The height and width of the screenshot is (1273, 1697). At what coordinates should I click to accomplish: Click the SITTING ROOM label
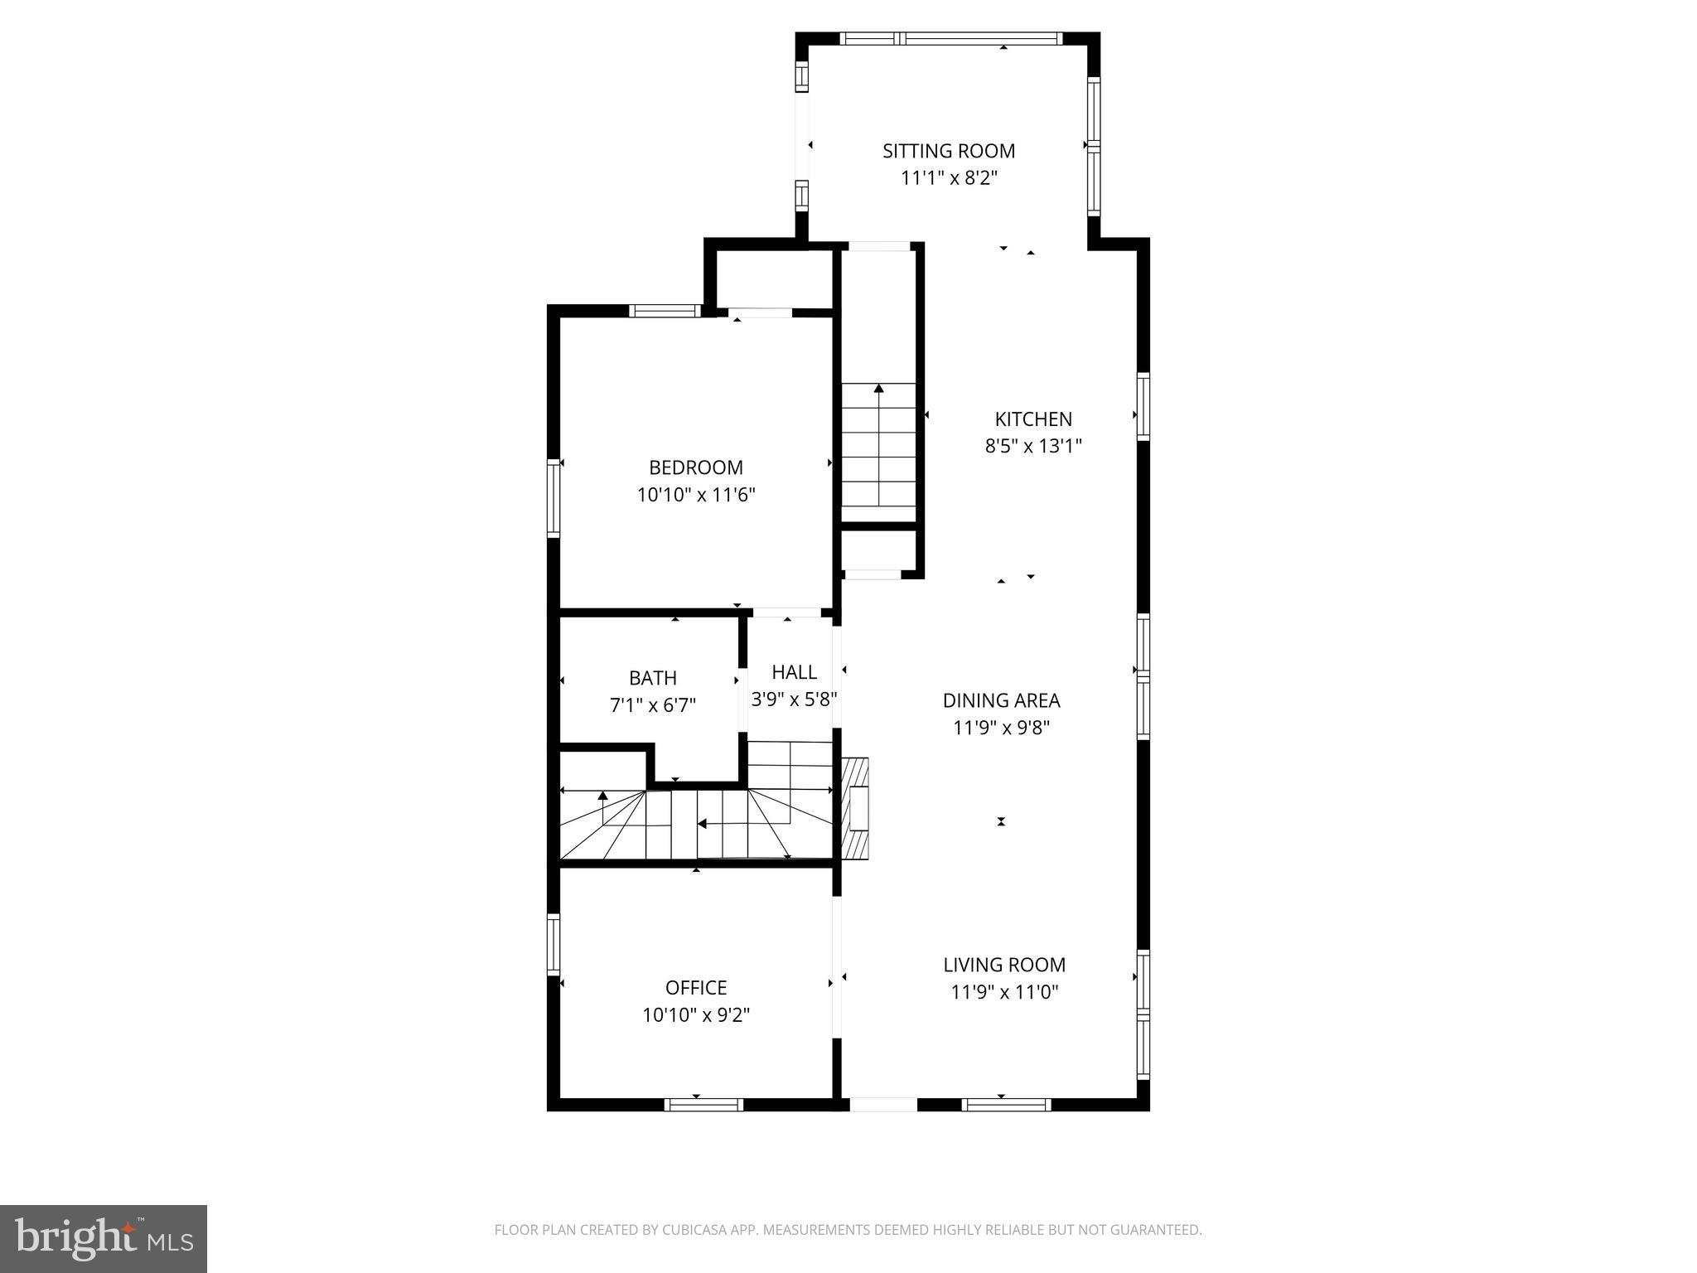pos(948,151)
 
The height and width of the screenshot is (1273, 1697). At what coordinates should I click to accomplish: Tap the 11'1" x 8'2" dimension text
pos(948,177)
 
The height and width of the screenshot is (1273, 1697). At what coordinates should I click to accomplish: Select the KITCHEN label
pos(1032,419)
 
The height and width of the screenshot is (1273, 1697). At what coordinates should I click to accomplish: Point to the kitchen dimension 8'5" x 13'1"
pos(1032,446)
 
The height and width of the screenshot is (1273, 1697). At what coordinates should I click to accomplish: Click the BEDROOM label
pos(695,467)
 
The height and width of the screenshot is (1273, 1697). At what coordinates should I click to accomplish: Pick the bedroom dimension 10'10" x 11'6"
pos(695,495)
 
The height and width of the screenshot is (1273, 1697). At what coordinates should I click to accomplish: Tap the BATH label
pos(652,678)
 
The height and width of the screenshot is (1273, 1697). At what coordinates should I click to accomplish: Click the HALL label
pos(794,672)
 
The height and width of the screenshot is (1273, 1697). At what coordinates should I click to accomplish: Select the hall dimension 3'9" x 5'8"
pos(794,699)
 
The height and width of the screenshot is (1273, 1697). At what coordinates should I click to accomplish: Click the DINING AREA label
pos(1001,700)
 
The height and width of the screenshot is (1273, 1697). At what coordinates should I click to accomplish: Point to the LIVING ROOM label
pos(1003,965)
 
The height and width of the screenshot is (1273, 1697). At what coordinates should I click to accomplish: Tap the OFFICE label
pos(695,988)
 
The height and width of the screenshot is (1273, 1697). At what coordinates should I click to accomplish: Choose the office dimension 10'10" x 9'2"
pos(695,1014)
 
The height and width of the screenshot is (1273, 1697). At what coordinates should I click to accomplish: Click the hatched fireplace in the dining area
pos(856,809)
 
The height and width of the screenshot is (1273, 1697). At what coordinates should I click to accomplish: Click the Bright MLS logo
pos(103,1238)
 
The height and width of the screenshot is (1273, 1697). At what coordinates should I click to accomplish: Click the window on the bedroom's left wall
pos(553,498)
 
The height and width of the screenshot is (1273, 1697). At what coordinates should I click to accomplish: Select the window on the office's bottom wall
pos(703,1104)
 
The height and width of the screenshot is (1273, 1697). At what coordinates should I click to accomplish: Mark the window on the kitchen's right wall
pos(1143,406)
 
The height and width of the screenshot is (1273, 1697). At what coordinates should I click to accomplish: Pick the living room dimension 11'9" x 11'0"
pos(1003,992)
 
